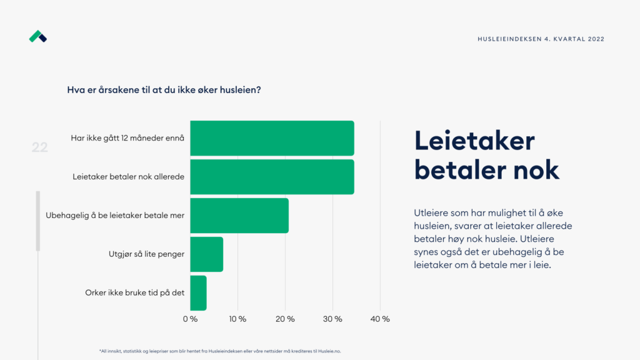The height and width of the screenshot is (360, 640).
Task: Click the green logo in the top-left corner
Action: point(38,37)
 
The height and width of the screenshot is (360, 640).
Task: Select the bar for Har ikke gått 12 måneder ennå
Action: point(272,138)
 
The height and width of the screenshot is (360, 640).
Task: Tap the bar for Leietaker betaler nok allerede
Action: point(272,177)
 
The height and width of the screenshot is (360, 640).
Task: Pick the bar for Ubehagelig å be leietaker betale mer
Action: point(239,216)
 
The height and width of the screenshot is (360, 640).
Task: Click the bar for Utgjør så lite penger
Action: point(206,254)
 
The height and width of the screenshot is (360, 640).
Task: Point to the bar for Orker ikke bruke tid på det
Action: point(198,293)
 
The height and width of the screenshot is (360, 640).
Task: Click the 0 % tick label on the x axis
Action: point(190,319)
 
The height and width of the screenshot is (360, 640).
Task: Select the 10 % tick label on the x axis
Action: point(237,319)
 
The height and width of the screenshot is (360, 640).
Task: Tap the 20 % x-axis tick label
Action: point(285,319)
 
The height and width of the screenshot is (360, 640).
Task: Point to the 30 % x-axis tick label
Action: point(332,319)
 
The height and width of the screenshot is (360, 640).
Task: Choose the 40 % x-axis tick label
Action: point(380,319)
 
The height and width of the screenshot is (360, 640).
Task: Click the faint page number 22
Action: point(40,147)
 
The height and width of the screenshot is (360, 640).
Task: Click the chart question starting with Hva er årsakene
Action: point(164,90)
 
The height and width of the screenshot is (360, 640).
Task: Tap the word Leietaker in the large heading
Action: point(474,141)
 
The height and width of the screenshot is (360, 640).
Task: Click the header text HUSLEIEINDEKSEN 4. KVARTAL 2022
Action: point(541,39)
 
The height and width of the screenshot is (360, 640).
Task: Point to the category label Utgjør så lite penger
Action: point(146,254)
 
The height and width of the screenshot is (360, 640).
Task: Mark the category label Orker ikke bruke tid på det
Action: point(134,292)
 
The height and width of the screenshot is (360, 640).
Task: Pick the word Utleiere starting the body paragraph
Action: point(432,212)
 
